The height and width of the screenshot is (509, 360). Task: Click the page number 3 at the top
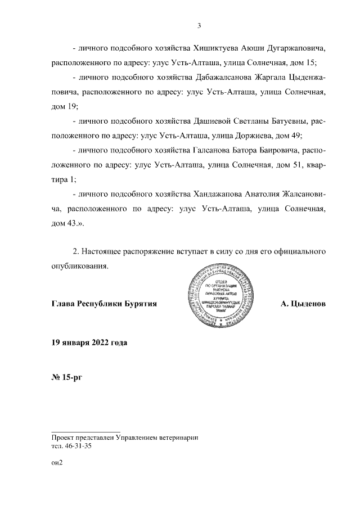pyautogui.click(x=199, y=25)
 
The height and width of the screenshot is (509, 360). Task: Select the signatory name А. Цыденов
pyautogui.click(x=303, y=304)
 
